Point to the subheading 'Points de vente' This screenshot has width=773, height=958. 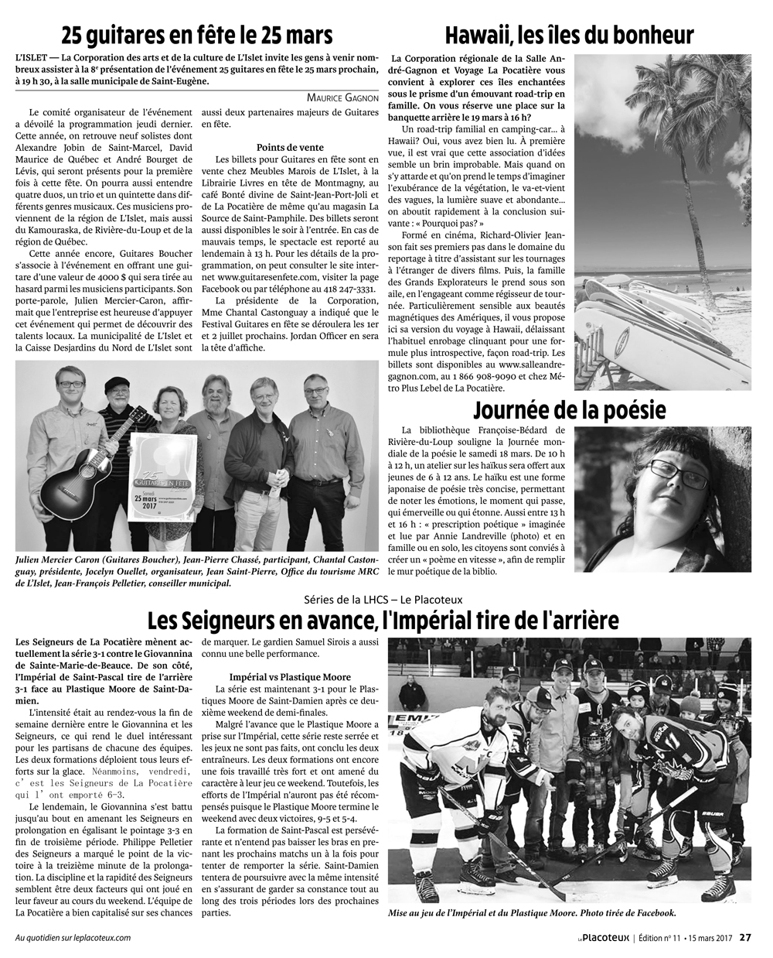tap(290, 147)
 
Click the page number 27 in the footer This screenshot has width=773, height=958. tap(745, 938)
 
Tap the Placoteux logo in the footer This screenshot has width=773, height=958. tap(598, 938)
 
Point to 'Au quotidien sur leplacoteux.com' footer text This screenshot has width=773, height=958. tap(73, 938)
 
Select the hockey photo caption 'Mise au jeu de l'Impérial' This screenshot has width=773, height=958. tap(533, 914)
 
